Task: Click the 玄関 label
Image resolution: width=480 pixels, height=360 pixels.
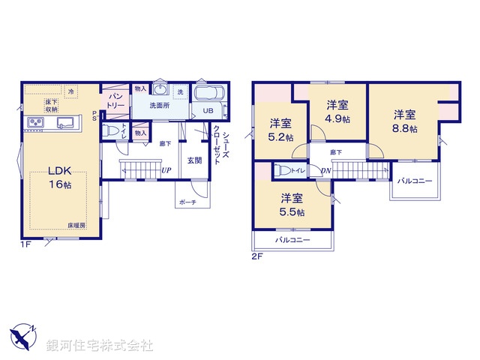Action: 194,160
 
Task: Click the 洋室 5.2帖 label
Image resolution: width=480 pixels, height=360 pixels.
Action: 282,130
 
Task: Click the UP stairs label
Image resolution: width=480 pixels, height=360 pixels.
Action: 166,171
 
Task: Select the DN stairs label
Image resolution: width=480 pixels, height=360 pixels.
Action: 327,171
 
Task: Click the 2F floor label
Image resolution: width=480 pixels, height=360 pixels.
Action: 256,257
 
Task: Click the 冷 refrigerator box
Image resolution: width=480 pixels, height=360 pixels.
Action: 71,91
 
